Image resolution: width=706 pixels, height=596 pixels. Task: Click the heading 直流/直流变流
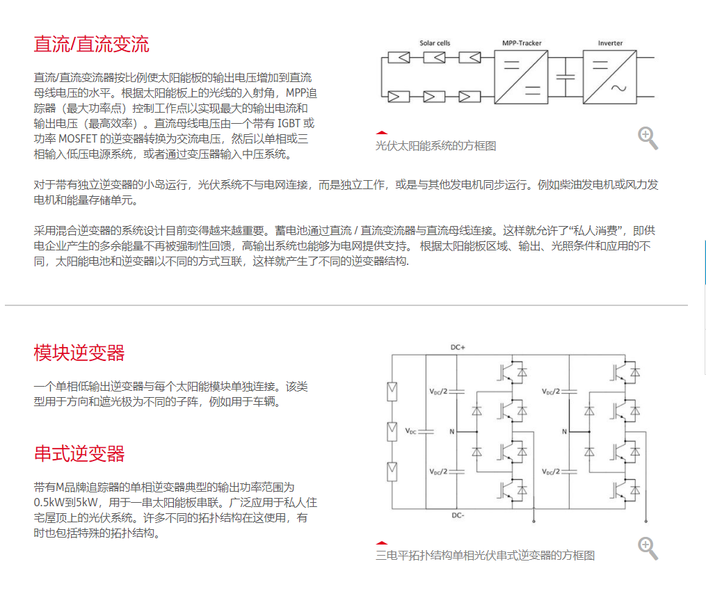[91, 44]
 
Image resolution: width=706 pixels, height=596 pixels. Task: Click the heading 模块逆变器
[79, 353]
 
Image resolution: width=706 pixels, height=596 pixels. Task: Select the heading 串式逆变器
[79, 453]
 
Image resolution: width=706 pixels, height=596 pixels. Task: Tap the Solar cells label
[435, 43]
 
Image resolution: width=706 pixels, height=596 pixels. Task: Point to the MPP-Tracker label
[522, 43]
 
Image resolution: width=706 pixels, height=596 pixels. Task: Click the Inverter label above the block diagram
[610, 43]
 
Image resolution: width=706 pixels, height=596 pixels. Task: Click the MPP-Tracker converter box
[521, 77]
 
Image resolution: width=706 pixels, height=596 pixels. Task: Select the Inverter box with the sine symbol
[609, 77]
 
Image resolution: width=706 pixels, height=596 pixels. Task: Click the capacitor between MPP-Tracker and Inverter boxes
[565, 76]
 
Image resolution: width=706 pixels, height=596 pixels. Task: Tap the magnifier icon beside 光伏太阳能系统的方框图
[648, 138]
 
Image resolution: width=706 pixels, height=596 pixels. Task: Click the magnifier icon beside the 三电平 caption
[648, 548]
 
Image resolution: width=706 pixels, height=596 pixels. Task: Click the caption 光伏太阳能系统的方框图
[436, 146]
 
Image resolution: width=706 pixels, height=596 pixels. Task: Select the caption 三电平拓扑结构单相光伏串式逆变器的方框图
[485, 556]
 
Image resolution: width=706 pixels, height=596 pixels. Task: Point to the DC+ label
[458, 348]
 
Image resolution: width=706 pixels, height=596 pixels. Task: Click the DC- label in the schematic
[458, 515]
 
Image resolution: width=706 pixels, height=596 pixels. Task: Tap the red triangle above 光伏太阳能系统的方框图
[381, 133]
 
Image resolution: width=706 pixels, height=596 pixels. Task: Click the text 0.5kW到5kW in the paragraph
[65, 502]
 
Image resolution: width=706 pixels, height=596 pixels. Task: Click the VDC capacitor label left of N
[410, 431]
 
